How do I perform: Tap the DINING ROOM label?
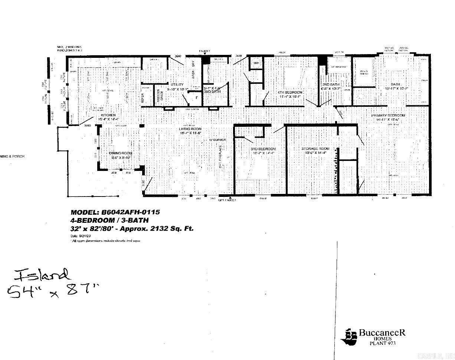[120, 153]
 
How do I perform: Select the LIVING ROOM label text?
[191, 129]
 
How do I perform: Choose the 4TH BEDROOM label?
[290, 92]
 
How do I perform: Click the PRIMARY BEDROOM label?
[388, 115]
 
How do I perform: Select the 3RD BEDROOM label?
[263, 149]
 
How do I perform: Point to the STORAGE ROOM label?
[315, 149]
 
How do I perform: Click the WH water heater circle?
[256, 63]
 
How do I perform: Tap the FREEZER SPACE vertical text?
[159, 96]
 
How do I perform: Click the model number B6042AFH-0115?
[131, 212]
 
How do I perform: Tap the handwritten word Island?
[42, 275]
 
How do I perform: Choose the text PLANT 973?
[382, 343]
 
